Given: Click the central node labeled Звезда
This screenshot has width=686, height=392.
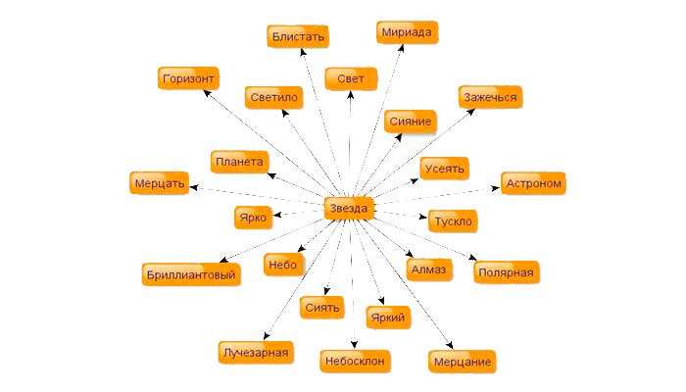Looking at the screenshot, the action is click(349, 208).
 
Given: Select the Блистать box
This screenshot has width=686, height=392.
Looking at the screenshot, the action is click(298, 36).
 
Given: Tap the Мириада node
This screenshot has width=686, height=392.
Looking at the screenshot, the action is click(407, 32).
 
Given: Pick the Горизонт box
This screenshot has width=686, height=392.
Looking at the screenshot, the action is click(188, 78).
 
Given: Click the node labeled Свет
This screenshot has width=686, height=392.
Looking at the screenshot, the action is click(351, 78).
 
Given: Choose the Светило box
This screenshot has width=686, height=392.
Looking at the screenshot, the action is click(273, 97).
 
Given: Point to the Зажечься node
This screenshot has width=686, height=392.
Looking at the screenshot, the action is click(490, 97).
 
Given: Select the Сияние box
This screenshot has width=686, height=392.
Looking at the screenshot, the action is click(411, 122).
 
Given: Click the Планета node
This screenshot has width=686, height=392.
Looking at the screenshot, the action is click(239, 162).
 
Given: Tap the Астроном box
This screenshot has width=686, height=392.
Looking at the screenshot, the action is click(533, 183).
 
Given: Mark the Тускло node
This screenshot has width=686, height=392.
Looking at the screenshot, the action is click(453, 220).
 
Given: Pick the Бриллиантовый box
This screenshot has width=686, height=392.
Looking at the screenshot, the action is click(191, 274).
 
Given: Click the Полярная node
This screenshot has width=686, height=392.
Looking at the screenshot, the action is click(507, 272).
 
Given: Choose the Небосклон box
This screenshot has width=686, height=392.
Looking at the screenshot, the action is click(355, 361).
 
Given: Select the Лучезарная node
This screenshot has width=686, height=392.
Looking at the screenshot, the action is click(256, 352).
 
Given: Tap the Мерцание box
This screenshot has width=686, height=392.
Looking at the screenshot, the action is click(462, 362).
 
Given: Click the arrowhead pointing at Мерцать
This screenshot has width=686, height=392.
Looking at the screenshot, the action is click(193, 188).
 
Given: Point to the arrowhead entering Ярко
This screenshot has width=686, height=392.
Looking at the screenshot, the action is click(276, 215).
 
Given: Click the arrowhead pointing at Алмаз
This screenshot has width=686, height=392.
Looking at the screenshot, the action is click(409, 254).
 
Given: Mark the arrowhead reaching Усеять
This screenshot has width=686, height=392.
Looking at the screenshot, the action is click(415, 180).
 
